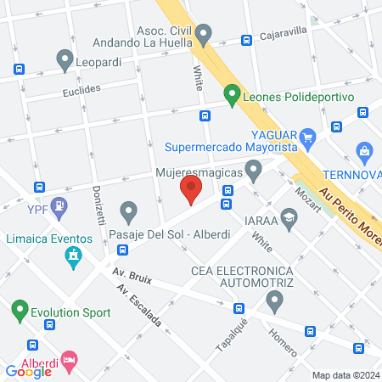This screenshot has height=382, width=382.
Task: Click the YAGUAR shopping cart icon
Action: tap(307, 135)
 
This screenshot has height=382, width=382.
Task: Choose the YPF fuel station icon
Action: tap(59, 205)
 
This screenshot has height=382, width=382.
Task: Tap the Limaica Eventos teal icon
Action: tap(75, 256)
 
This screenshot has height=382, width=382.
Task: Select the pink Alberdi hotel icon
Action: tap(69, 361)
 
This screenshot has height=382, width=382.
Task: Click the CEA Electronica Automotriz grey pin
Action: tap(273, 300)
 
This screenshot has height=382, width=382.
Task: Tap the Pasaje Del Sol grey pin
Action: tap(128, 210)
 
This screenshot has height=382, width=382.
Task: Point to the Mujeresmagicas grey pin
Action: tap(253, 169)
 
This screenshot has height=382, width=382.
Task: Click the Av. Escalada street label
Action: tap(140, 310)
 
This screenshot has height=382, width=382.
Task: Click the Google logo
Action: tap(28, 371)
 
